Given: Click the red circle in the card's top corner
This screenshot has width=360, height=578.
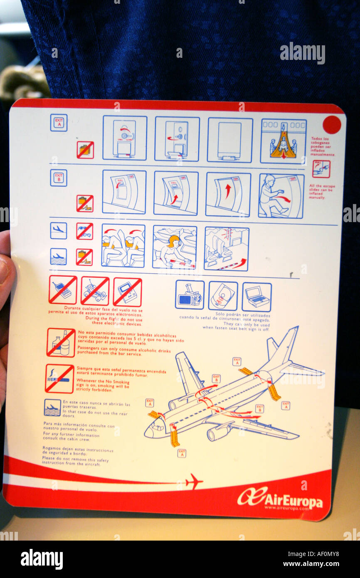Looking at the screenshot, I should (x=331, y=125).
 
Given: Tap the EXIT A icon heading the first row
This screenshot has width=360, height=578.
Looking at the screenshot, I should (x=59, y=123).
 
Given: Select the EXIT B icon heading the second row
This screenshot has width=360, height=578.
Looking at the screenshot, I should (x=59, y=178).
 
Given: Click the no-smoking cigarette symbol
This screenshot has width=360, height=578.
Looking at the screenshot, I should (x=59, y=379).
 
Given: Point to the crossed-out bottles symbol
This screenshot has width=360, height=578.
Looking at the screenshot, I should (x=61, y=343).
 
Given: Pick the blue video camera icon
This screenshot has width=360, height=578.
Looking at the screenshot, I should (x=190, y=295).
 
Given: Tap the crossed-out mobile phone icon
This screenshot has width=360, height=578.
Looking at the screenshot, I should (x=63, y=289).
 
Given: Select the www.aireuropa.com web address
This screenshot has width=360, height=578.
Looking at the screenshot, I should (x=286, y=508).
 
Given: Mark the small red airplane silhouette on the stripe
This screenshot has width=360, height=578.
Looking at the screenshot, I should (x=193, y=482).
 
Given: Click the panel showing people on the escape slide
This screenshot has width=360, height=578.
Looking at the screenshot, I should (x=283, y=141).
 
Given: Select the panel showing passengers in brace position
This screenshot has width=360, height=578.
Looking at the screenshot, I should (x=123, y=245).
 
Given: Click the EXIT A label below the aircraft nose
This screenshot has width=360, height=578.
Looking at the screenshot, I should (x=181, y=453).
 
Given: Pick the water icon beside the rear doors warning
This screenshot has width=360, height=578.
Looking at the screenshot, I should (x=52, y=408).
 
